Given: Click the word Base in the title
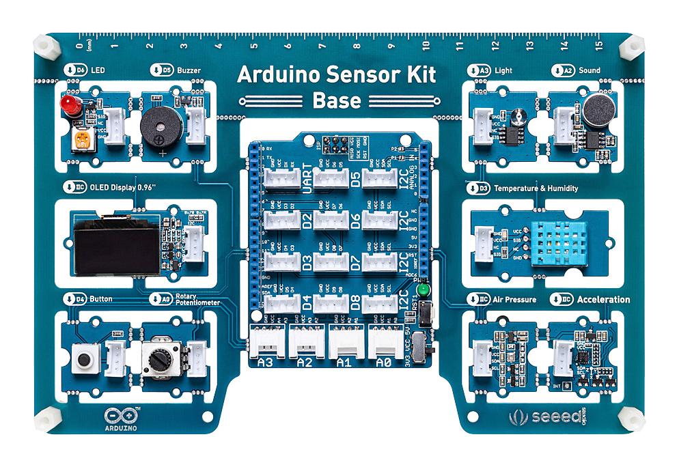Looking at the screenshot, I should [336, 101].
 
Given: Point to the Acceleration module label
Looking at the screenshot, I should [603, 300].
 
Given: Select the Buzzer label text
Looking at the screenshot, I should [189, 70].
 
